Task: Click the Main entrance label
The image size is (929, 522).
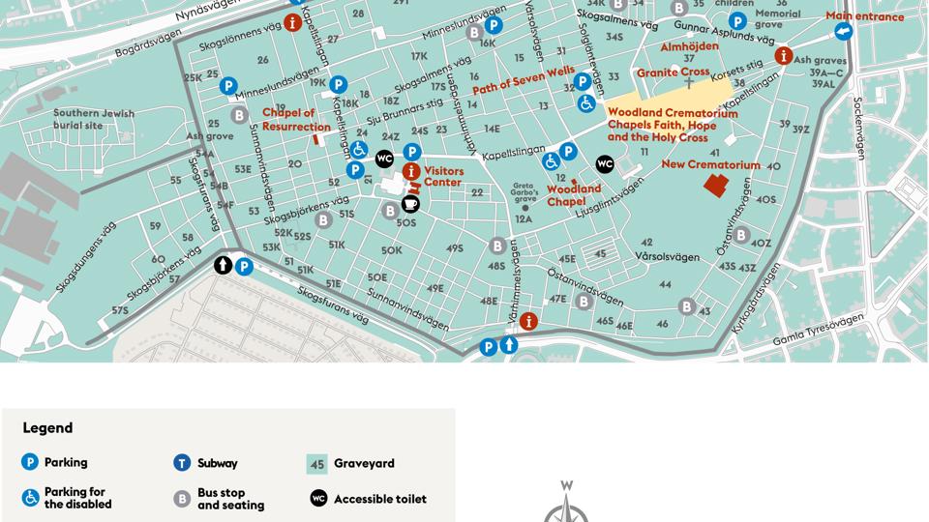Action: [x=864, y=16]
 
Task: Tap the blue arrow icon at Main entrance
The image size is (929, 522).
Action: [x=843, y=32]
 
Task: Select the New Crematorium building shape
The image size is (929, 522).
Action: [x=716, y=185]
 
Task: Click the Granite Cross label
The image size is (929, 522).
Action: [x=673, y=72]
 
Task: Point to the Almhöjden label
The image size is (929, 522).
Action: [x=689, y=46]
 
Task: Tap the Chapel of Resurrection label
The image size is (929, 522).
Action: [x=296, y=120]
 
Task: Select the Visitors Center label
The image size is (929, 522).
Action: [x=443, y=177]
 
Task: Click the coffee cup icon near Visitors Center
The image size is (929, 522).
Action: [x=410, y=204]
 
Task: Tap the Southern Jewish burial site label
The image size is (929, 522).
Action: [x=77, y=120]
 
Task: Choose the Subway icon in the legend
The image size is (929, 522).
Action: [x=182, y=463]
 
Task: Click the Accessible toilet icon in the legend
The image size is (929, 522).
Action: [x=318, y=499]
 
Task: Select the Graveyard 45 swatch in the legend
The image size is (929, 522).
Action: [x=317, y=464]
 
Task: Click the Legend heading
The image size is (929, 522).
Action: [x=47, y=428]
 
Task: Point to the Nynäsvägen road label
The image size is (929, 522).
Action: [x=209, y=11]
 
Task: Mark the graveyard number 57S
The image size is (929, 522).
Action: [x=120, y=310]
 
